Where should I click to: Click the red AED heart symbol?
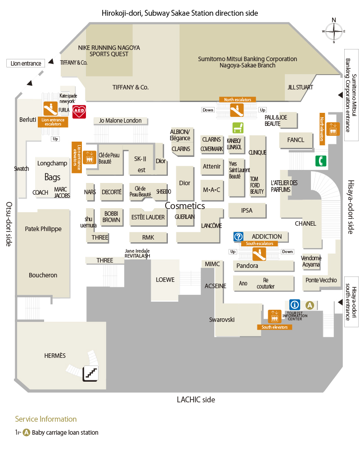point(79,111)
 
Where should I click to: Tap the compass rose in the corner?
point(333,31)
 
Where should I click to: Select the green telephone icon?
point(321,160)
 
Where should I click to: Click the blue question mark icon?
point(238,236)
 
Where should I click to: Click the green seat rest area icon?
point(237,127)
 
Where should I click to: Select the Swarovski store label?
point(222,320)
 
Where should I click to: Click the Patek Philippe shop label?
point(43,229)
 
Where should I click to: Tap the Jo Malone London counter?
point(120,120)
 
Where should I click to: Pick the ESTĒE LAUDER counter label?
point(148,217)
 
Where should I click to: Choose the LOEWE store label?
point(165,280)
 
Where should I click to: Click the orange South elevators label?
point(274,327)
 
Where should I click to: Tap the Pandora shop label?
point(247,266)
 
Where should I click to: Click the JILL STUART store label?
point(300,87)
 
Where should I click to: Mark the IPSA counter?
point(247,210)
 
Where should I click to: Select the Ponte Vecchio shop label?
point(321,280)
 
